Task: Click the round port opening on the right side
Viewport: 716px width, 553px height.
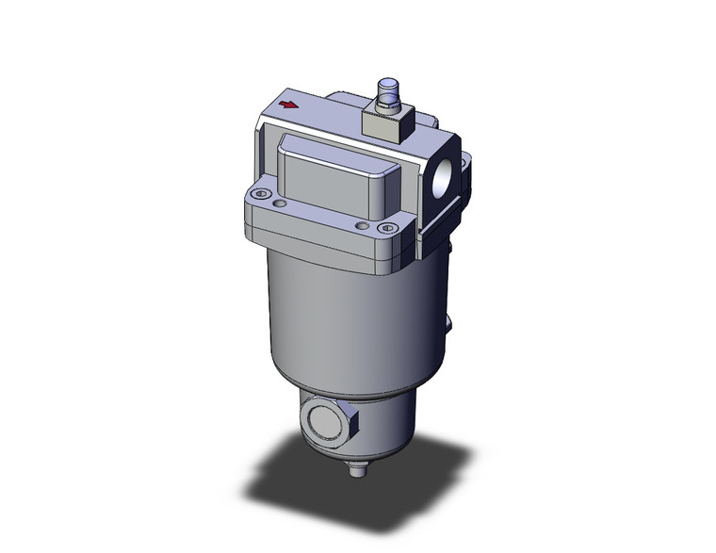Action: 442,179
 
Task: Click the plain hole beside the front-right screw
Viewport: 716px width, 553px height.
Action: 363,224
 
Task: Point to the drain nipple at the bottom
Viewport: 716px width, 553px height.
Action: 355,469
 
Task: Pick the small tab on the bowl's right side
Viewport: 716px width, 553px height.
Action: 449,325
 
